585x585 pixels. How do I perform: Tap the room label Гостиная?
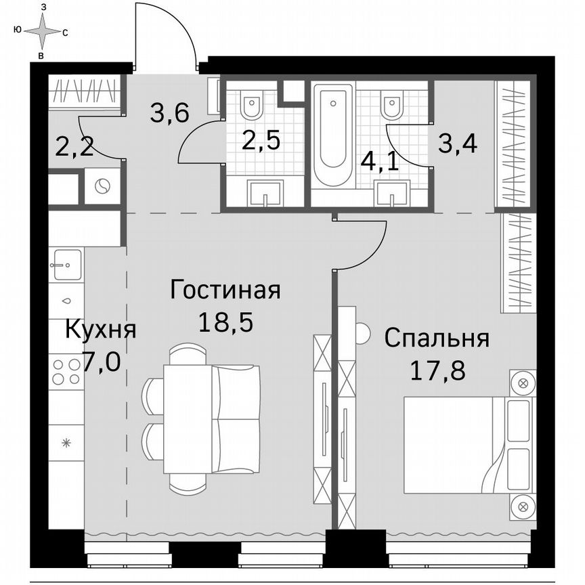pyautogui.click(x=225, y=290)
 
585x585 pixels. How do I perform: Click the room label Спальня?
pyautogui.click(x=437, y=338)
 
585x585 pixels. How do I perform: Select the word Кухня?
pyautogui.click(x=101, y=330)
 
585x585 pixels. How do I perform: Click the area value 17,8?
pyautogui.click(x=437, y=370)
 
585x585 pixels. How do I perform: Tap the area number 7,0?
pyautogui.click(x=102, y=362)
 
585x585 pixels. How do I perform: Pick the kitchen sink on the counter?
pyautogui.click(x=66, y=261)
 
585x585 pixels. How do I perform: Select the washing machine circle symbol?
pyautogui.click(x=102, y=187)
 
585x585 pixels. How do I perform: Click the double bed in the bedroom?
pyautogui.click(x=467, y=446)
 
